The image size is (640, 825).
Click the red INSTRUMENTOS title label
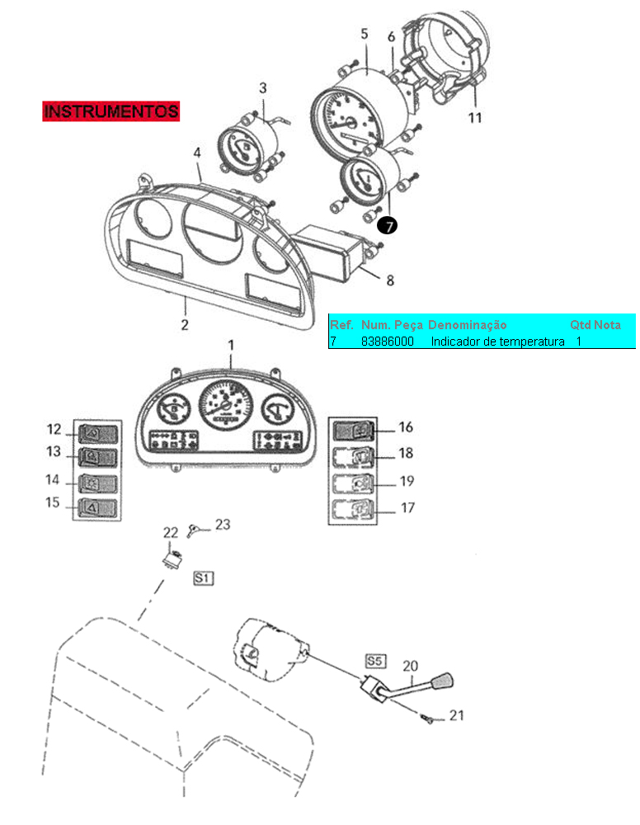[x=111, y=111]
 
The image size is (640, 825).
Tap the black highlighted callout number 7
[x=388, y=226]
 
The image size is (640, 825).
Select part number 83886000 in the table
[x=388, y=342]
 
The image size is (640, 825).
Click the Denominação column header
[x=468, y=325]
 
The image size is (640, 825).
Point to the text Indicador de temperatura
[x=497, y=342]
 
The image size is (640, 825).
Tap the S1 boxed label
[x=204, y=577]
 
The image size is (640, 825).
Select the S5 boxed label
[x=375, y=662]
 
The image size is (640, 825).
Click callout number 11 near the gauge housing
[x=475, y=117]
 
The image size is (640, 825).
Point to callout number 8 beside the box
[x=390, y=280]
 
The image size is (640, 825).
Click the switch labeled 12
[x=98, y=435]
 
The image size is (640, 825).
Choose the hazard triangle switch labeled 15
[x=98, y=507]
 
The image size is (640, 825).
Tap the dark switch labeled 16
[x=354, y=431]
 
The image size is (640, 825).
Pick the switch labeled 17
[x=354, y=509]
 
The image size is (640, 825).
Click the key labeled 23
[x=193, y=530]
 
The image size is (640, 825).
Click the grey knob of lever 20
[x=442, y=681]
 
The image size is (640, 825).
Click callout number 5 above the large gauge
[x=365, y=34]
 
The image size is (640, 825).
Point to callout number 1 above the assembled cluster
[x=231, y=345]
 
